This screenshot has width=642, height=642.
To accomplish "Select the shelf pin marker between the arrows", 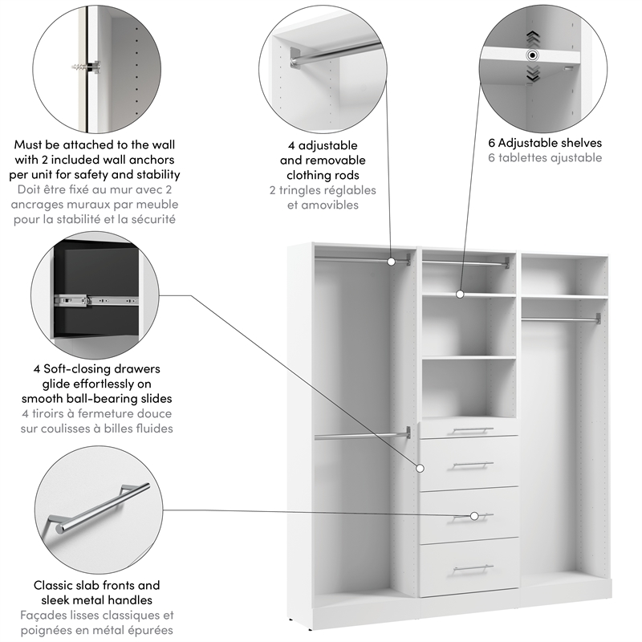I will coord(531,55).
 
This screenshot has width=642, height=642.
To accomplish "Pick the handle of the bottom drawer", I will coord(472,568).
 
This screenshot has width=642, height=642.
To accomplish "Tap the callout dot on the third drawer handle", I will coord(475,515).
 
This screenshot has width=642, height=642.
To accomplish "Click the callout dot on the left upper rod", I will coord(392,261).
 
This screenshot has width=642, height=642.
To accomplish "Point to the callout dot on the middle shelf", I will coord(460,295).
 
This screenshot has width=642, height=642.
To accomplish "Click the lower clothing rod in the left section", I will coord(361,436).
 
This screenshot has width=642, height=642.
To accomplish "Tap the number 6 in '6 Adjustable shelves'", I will coord(491,143).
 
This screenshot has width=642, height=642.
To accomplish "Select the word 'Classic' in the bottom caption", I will coord(53,586).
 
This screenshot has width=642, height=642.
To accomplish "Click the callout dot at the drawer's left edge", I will coord(419,468).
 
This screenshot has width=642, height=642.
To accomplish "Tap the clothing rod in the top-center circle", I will coord(329,55).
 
